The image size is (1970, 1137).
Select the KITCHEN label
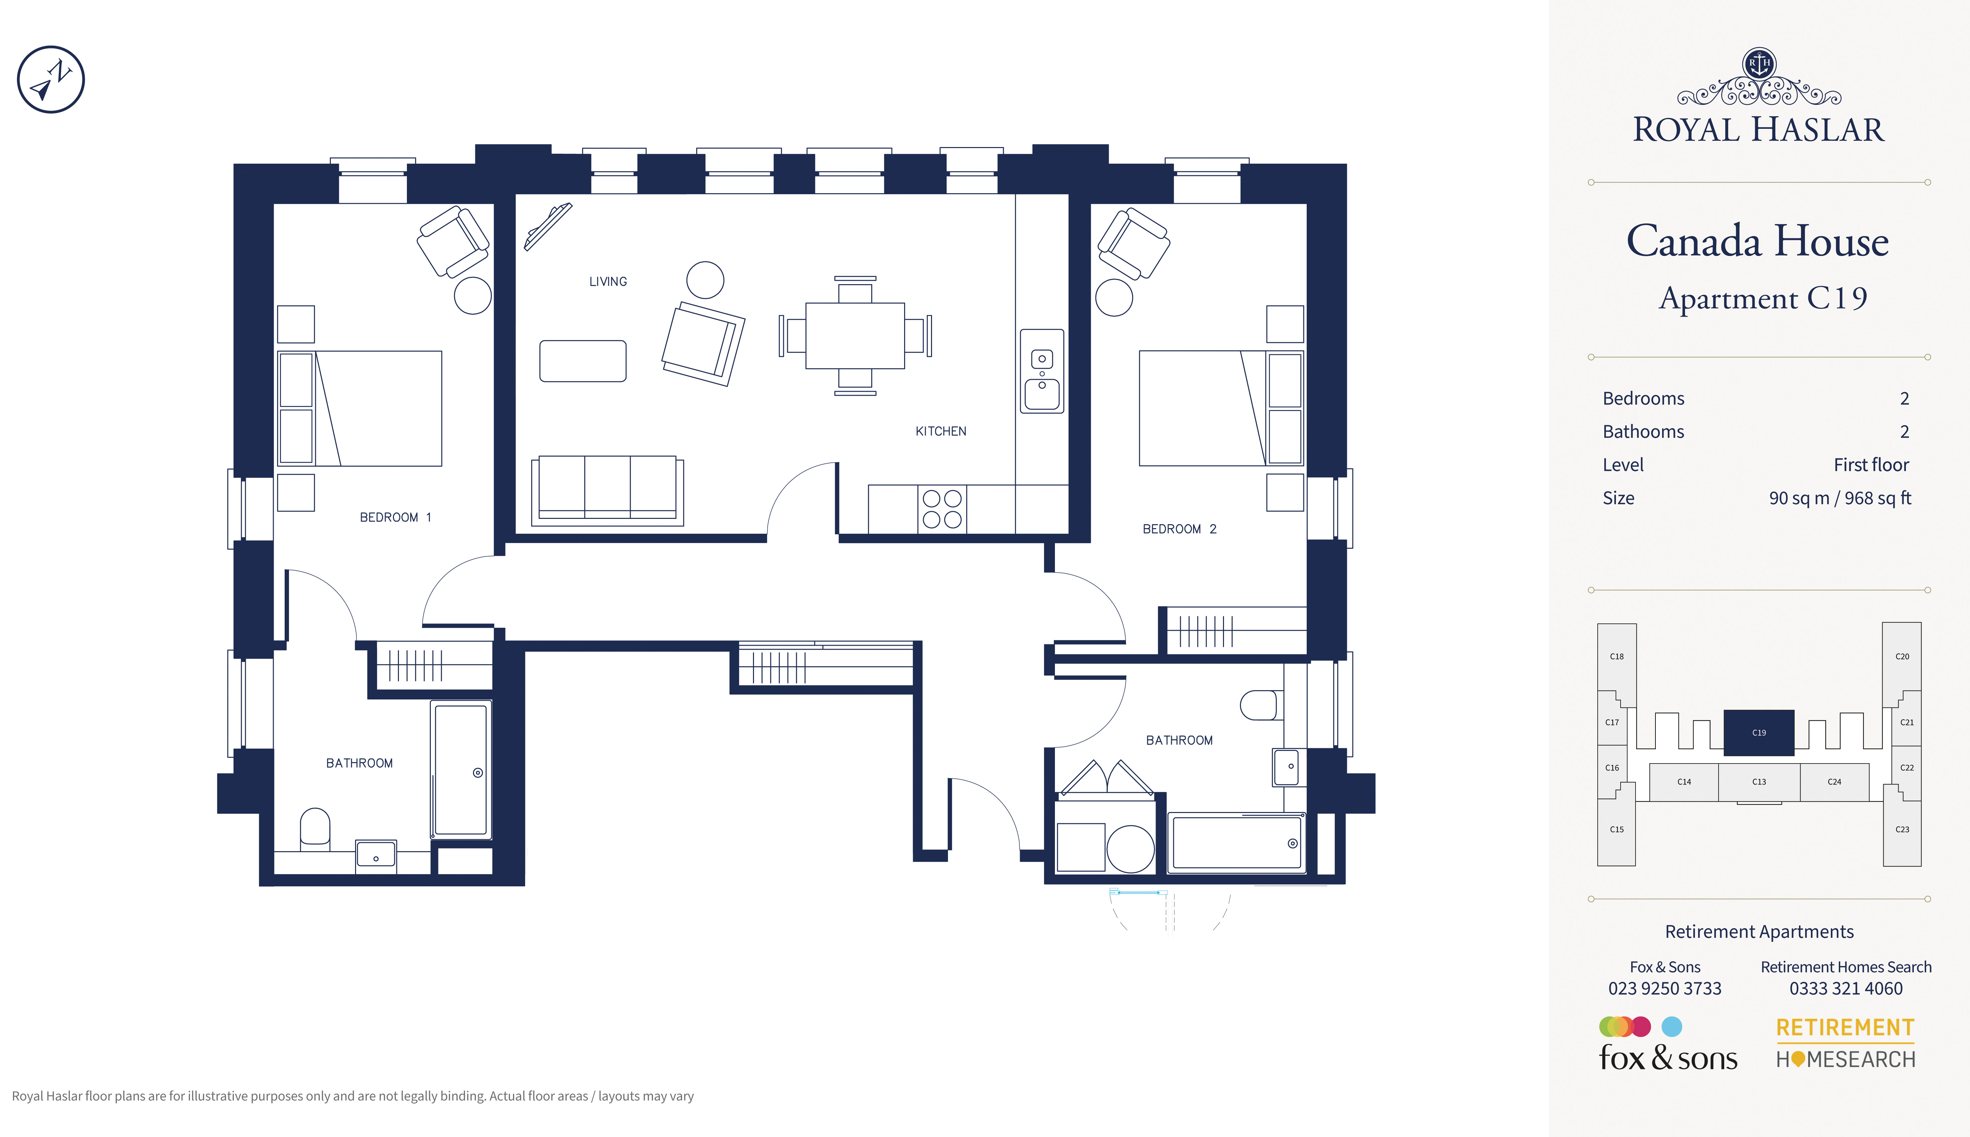tap(940, 431)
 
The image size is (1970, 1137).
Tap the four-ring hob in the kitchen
tap(942, 509)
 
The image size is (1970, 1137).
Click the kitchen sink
tap(1042, 371)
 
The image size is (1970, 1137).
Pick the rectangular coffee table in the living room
tap(583, 361)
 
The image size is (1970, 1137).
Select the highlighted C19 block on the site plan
tap(1759, 732)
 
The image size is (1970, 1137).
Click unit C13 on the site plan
tap(1759, 782)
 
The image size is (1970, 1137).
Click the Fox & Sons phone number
tap(1664, 989)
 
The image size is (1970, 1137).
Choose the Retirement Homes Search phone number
tap(1846, 989)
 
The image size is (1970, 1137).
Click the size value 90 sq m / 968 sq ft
tap(1839, 498)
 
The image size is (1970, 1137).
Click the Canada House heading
tap(1757, 241)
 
